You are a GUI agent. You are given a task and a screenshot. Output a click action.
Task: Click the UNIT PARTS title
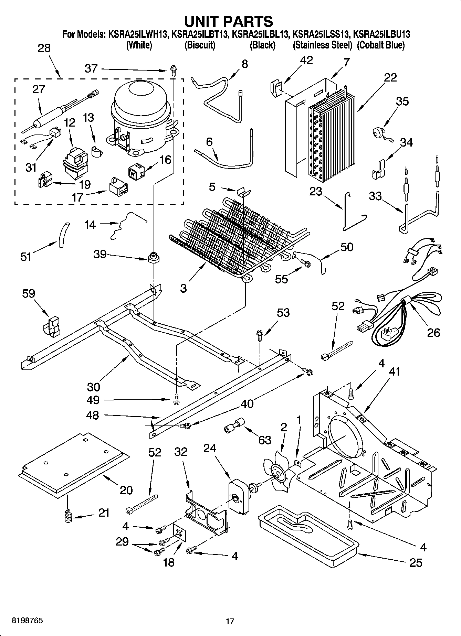coord(229,21)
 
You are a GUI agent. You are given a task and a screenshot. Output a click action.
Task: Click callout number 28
coord(44,48)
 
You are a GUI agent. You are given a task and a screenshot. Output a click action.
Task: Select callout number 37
coord(91,68)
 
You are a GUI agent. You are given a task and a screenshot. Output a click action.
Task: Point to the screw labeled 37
coord(173,71)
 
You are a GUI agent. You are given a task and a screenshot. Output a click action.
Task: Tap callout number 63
coord(265,440)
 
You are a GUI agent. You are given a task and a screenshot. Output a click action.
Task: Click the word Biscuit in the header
coord(200,45)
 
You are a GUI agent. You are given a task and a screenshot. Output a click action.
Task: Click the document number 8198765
coord(28,621)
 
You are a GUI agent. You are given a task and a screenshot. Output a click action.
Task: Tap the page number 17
coord(230,621)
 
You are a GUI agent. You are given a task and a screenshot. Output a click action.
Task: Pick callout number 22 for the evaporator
coord(390,77)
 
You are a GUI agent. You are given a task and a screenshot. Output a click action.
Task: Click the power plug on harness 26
coord(387,334)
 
